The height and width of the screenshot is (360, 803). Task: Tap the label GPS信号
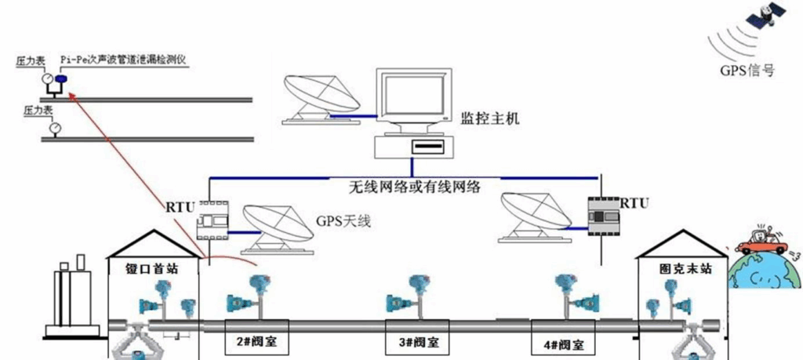[x=747, y=70]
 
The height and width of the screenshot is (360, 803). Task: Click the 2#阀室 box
[x=256, y=343]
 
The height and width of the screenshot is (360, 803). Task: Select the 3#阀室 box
[x=418, y=343]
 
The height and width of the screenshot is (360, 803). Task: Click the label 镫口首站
[x=152, y=268]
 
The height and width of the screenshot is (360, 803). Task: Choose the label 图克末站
[x=679, y=269]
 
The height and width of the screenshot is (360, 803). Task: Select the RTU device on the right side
[x=602, y=214]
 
